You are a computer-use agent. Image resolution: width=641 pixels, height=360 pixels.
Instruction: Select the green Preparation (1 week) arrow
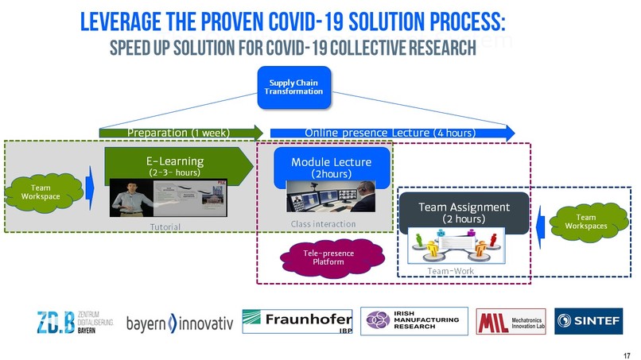(181, 132)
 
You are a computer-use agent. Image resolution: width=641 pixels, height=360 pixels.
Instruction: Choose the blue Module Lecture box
(331, 166)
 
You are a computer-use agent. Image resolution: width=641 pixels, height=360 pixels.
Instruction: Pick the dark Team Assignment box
(463, 212)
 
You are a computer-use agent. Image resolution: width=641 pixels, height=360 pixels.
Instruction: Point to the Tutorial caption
(166, 227)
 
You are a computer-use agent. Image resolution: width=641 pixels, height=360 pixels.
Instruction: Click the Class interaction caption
(323, 225)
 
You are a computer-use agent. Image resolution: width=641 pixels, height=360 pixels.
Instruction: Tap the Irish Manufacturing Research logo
(411, 322)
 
